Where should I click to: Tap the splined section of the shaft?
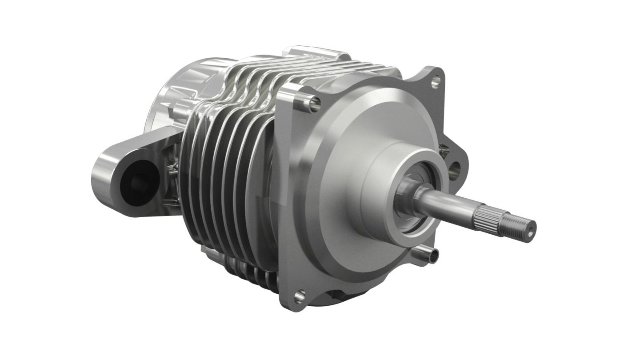click(x=488, y=219)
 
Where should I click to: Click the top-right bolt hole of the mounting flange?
click(x=436, y=80)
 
